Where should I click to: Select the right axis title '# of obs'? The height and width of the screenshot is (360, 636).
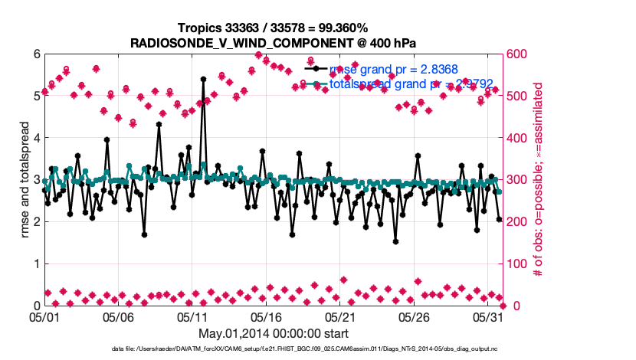[x=539, y=180]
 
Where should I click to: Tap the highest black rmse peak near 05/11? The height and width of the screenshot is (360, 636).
[x=203, y=79]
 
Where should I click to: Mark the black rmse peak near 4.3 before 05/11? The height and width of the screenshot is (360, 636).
[x=159, y=124]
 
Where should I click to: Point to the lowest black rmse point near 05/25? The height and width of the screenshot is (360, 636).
[x=395, y=241]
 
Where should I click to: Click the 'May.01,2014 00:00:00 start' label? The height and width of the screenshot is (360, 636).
[x=274, y=333]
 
